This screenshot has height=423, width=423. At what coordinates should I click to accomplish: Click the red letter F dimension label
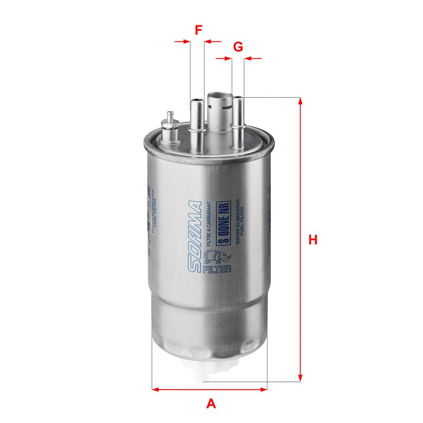(x=198, y=30)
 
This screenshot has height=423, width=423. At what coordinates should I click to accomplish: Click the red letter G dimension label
(x=238, y=47)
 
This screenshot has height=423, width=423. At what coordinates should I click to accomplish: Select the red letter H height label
(x=313, y=240)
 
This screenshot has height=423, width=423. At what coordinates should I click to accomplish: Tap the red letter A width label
(x=211, y=404)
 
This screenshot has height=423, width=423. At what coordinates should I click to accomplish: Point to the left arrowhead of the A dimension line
(x=156, y=390)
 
